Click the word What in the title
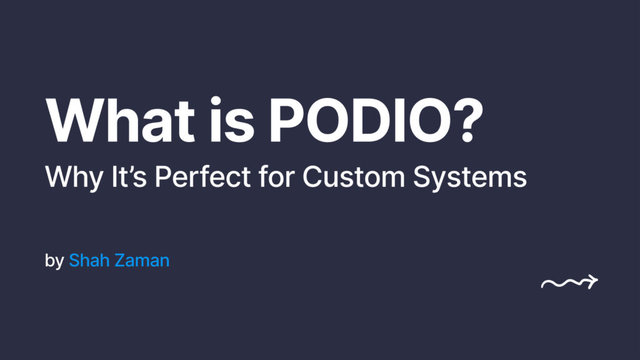coord(119,120)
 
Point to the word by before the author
coord(54,261)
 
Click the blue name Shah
coord(90,260)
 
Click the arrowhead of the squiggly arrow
coord(592,282)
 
